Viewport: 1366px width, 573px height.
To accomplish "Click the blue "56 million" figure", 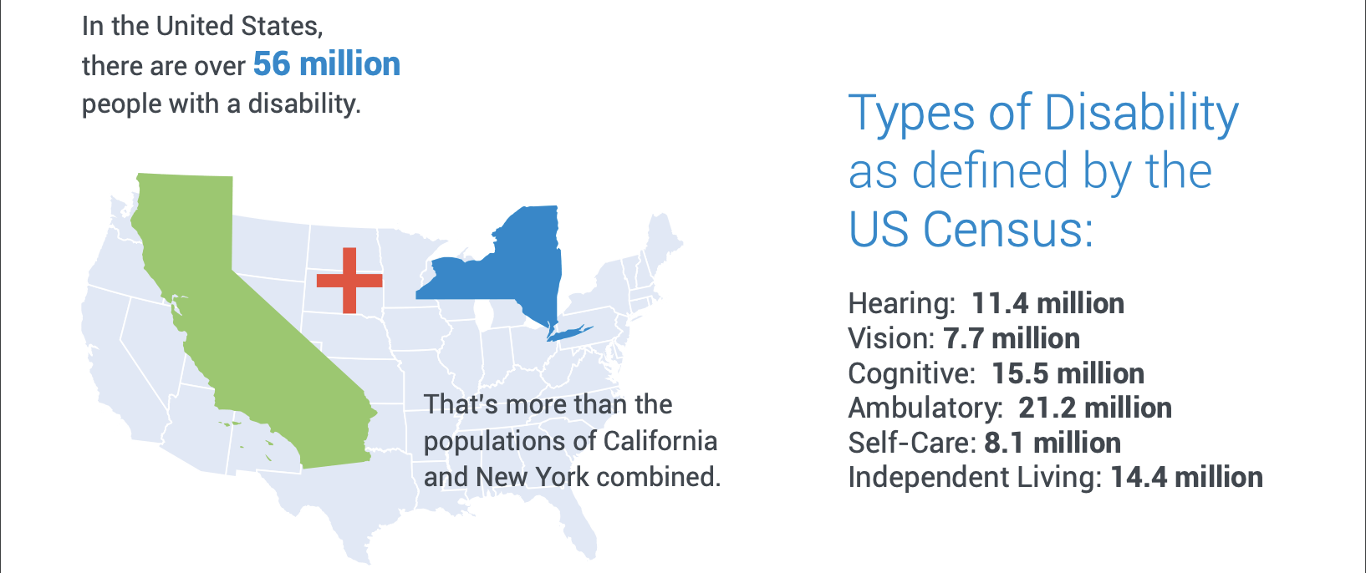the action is [327, 64].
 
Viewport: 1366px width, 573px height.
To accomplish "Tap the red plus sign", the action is [349, 281].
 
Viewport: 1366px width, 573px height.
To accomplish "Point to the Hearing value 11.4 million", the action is [1047, 303].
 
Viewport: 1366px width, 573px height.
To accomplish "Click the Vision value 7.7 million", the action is [1012, 338].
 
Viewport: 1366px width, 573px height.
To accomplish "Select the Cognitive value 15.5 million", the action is [1068, 373].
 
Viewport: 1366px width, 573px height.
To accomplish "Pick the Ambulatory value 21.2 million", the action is [1095, 408].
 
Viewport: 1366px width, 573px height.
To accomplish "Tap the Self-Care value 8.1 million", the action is [1053, 443].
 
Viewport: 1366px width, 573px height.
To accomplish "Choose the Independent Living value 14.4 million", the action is [1187, 477].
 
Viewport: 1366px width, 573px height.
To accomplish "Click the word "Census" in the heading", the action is [1009, 229].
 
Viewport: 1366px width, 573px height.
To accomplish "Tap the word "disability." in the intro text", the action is [304, 104].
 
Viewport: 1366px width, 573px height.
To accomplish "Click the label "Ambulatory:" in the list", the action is [925, 408].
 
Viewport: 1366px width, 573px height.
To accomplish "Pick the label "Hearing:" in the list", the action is [901, 303].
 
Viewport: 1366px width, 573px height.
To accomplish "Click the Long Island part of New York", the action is [569, 332].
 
